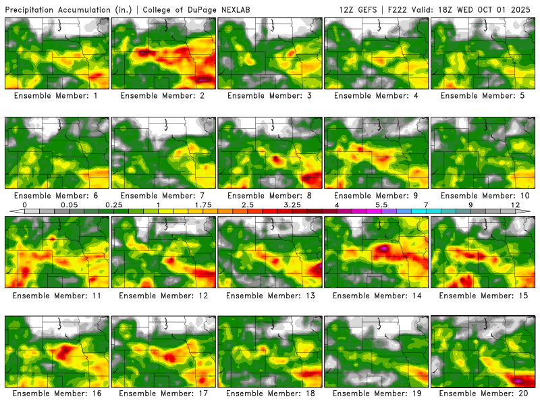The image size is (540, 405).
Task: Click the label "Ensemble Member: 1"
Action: (57, 96)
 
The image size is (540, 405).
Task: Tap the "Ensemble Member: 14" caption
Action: (377, 296)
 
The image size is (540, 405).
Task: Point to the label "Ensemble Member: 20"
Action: (483, 394)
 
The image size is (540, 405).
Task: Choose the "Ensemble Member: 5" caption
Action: (483, 96)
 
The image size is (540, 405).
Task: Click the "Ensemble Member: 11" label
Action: (57, 296)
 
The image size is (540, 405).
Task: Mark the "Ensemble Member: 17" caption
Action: (163, 394)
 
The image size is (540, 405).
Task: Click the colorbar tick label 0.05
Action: (68, 204)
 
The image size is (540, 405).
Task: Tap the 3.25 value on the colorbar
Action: (292, 204)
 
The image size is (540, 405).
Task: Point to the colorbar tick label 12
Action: (515, 204)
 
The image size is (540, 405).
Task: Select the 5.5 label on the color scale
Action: (381, 204)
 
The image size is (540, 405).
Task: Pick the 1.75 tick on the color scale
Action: (202, 204)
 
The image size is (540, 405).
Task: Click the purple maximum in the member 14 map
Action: (384, 248)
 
